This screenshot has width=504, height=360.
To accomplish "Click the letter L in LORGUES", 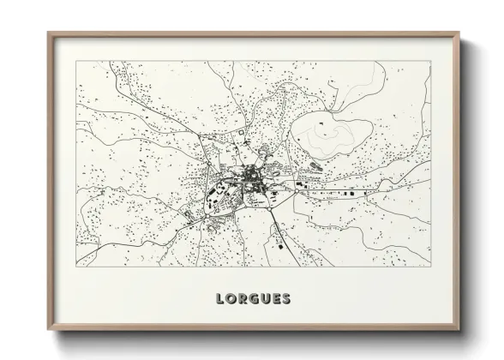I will (221, 299).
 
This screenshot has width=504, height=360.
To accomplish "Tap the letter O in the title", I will (231, 299).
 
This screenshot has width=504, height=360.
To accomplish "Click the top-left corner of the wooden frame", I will (48, 33).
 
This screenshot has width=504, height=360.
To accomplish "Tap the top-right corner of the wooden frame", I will (459, 33).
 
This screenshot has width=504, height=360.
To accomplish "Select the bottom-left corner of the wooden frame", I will (48, 331).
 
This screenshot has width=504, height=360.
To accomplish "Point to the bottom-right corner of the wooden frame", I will (459, 331).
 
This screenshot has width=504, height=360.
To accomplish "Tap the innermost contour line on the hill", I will (330, 130).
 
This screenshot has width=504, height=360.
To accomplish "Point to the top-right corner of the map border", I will (430, 61).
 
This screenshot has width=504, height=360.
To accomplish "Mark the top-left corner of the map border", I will (76, 61).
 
